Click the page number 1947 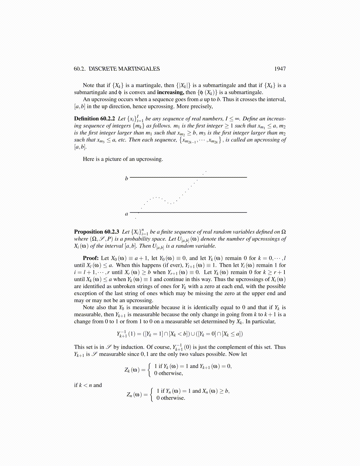[280, 69]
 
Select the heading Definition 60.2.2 [94, 119]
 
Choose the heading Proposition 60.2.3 [96, 232]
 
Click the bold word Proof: [91, 258]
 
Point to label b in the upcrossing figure [126, 178]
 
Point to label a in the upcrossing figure [126, 214]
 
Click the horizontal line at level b [188, 177]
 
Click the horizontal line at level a [188, 212]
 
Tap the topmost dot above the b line [206, 171]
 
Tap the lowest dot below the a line [135, 218]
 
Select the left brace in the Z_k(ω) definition [150, 370]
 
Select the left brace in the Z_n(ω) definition [152, 395]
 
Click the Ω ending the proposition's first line [284, 232]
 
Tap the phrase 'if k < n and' [88, 385]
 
